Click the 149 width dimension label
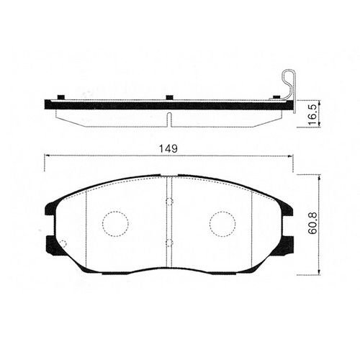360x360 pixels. (168, 149)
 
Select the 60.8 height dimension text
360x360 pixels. (312, 223)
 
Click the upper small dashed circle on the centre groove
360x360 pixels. (169, 202)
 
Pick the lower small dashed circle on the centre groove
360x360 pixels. (169, 243)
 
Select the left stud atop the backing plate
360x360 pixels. (61, 97)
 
